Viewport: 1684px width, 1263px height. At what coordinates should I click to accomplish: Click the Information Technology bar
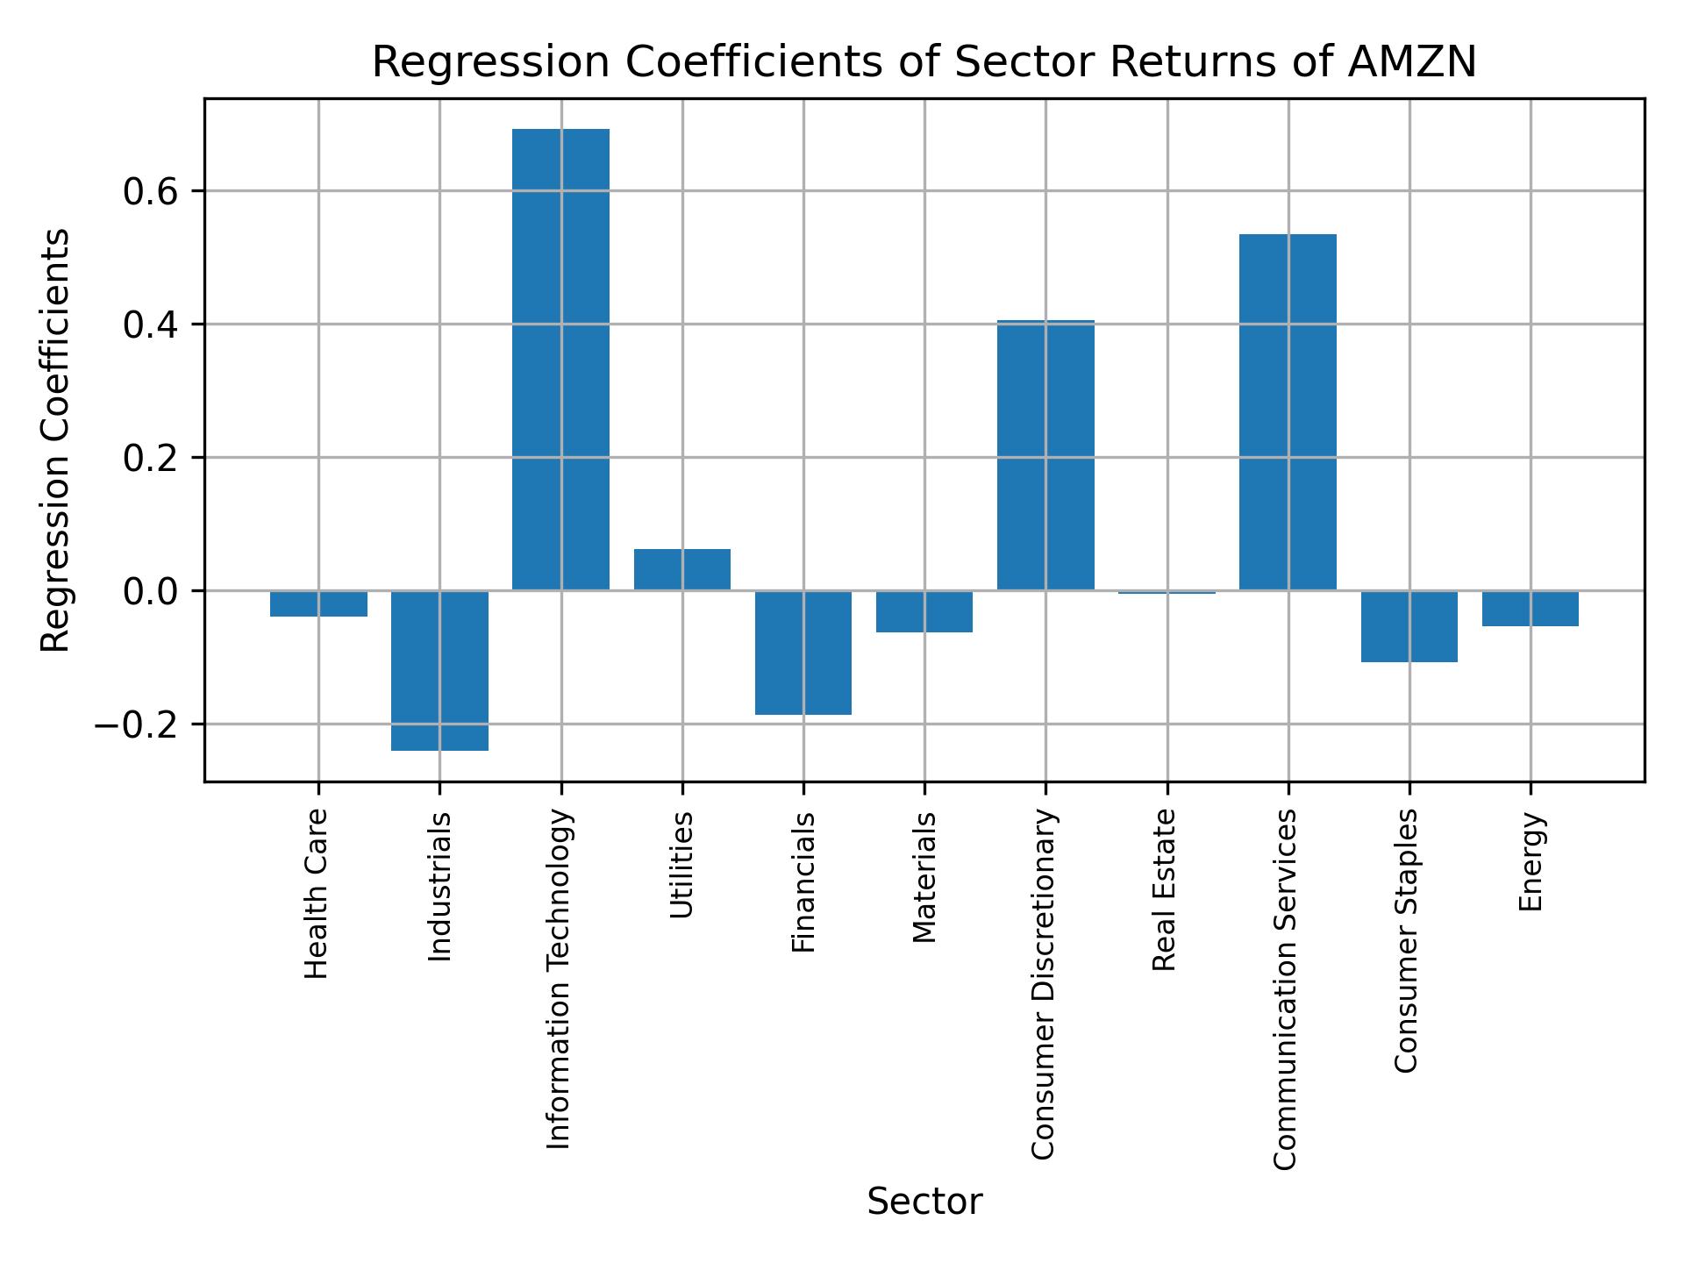560,360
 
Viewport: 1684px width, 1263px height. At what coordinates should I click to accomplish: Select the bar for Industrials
439,671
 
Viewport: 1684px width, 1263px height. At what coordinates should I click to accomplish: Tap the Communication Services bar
1288,412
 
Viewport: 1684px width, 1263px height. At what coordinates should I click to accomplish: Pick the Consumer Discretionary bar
1045,455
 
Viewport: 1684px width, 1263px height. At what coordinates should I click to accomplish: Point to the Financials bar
803,653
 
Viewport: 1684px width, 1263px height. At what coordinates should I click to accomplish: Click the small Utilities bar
682,569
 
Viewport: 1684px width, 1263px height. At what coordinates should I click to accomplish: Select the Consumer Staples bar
1409,626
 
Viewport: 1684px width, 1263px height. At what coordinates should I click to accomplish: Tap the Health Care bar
318,603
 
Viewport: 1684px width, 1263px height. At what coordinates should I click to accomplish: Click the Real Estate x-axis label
1164,890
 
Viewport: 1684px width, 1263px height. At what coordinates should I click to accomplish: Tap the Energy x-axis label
1531,862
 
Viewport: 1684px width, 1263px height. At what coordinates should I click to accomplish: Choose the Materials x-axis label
924,877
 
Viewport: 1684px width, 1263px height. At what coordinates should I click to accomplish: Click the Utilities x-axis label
682,865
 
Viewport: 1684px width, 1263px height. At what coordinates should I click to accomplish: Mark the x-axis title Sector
924,1202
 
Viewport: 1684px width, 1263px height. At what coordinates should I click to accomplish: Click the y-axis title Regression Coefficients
56,440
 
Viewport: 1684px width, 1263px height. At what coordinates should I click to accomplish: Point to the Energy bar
1531,609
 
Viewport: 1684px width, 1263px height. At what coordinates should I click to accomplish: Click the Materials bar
924,611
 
